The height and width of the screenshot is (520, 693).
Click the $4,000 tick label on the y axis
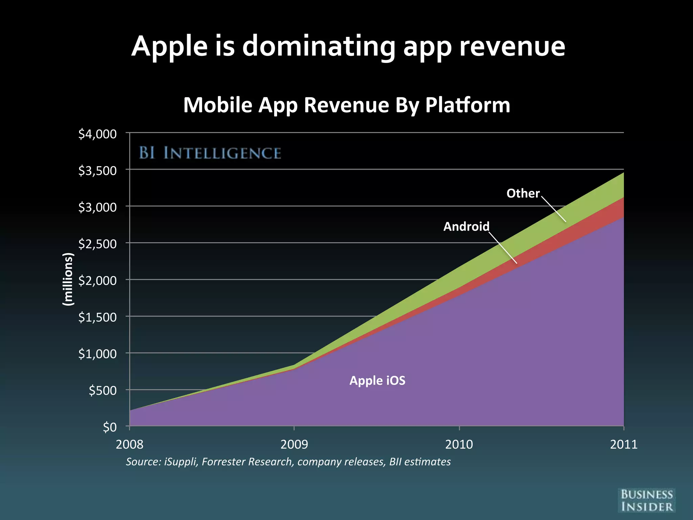pyautogui.click(x=97, y=134)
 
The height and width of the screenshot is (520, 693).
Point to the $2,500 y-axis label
pyautogui.click(x=97, y=244)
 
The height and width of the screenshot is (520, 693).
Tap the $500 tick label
pyautogui.click(x=103, y=390)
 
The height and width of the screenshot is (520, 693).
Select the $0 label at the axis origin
pyautogui.click(x=110, y=427)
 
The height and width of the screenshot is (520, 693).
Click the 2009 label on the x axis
pyautogui.click(x=294, y=444)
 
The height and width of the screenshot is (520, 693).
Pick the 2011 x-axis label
pyautogui.click(x=623, y=444)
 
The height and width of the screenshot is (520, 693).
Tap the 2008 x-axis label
pyautogui.click(x=130, y=444)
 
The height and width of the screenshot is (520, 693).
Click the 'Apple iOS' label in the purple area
pyautogui.click(x=377, y=381)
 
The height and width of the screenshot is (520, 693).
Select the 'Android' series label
pyautogui.click(x=466, y=226)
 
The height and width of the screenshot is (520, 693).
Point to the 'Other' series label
pyautogui.click(x=522, y=193)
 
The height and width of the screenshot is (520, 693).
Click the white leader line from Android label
pyautogui.click(x=503, y=247)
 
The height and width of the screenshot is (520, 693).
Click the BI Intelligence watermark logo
pyautogui.click(x=210, y=153)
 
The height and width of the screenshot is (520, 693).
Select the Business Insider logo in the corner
pyautogui.click(x=646, y=500)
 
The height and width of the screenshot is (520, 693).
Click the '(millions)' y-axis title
pyautogui.click(x=68, y=279)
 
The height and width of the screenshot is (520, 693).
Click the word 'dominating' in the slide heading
pyautogui.click(x=318, y=46)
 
